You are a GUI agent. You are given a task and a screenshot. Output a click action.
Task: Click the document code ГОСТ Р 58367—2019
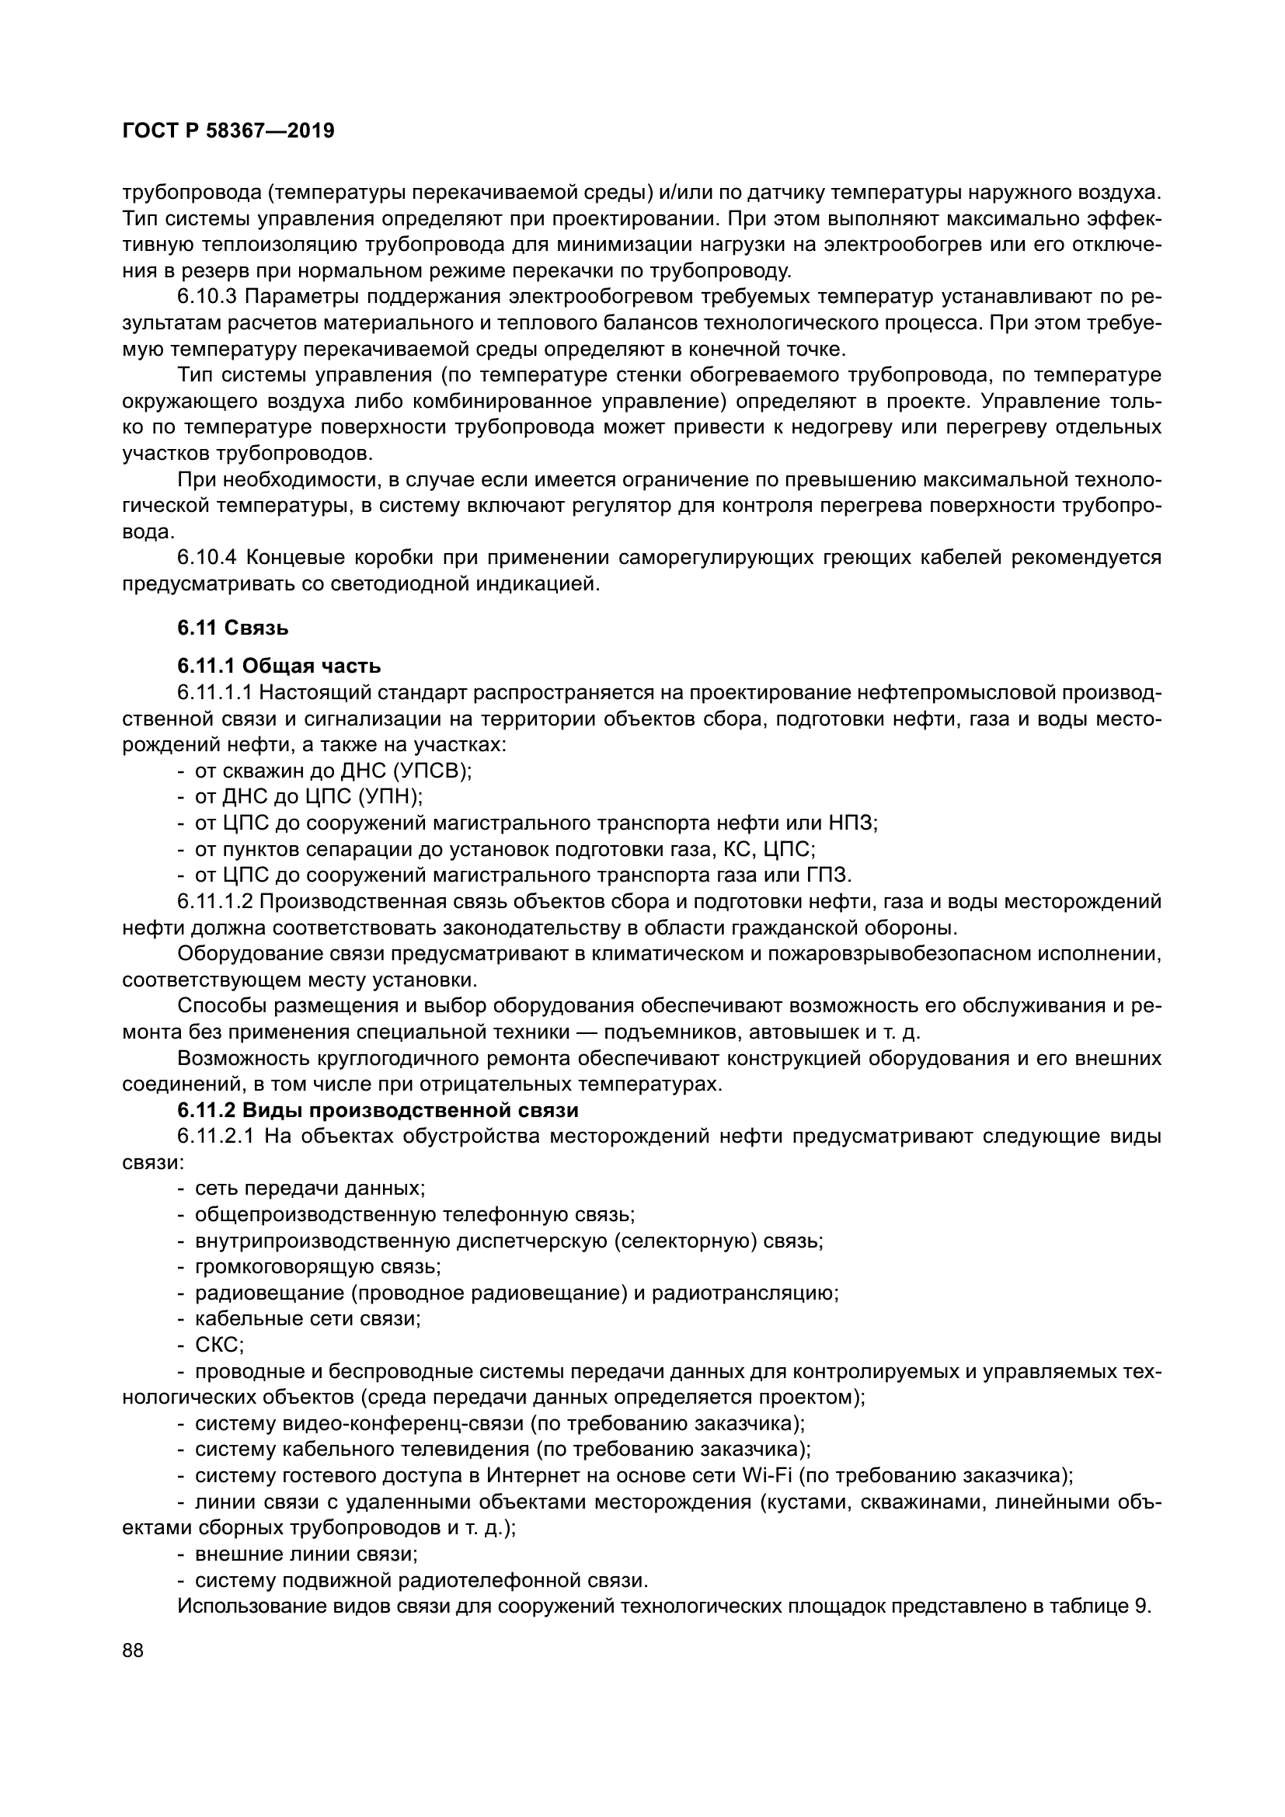228,131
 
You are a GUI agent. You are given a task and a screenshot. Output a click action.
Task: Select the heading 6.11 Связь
232,628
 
